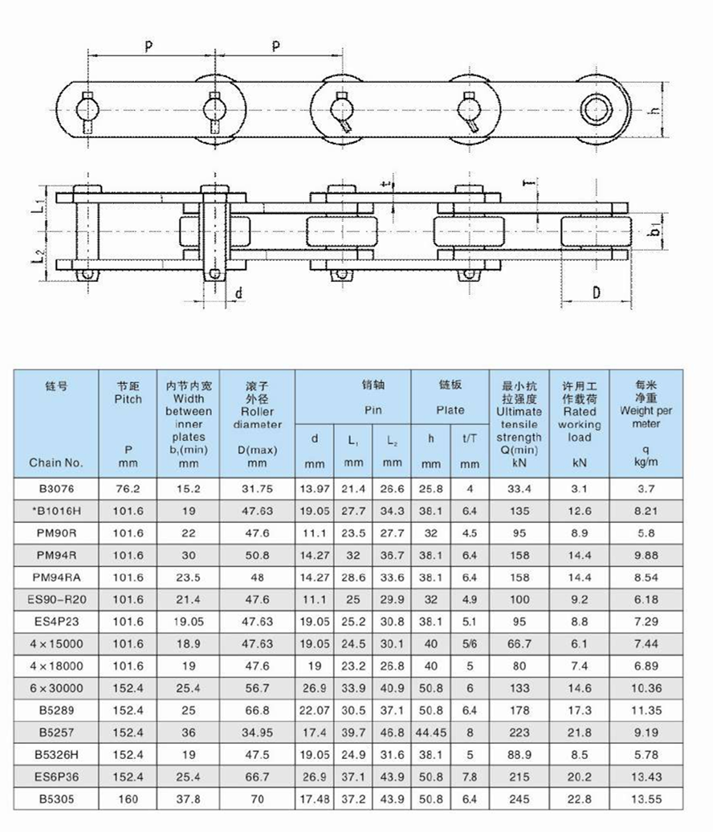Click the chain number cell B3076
pyautogui.click(x=55, y=489)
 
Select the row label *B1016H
pyautogui.click(x=55, y=511)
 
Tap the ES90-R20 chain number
pyautogui.click(x=55, y=599)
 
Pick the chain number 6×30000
pyautogui.click(x=55, y=688)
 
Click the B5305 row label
pyautogui.click(x=55, y=799)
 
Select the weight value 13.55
pyautogui.click(x=646, y=799)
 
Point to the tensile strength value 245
pyautogui.click(x=519, y=799)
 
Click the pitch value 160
pyautogui.click(x=128, y=799)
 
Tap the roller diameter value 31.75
pyautogui.click(x=257, y=489)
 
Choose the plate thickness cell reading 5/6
pyautogui.click(x=470, y=644)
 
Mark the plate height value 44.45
pyautogui.click(x=431, y=732)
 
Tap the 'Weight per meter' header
pyautogui.click(x=646, y=405)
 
